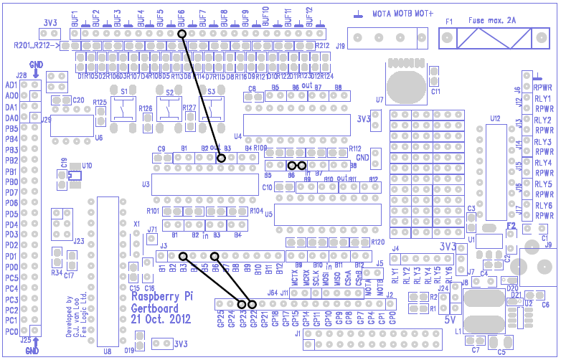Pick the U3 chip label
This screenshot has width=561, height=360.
146,184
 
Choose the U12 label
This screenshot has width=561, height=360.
495,118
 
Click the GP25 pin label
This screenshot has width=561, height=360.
221,316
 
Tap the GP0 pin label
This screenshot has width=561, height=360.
392,316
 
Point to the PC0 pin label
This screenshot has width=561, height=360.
11,333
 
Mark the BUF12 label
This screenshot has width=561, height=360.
310,18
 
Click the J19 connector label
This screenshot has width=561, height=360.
340,46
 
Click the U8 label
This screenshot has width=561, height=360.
107,351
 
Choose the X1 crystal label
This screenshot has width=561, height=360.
136,224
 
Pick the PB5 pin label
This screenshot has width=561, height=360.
11,128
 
